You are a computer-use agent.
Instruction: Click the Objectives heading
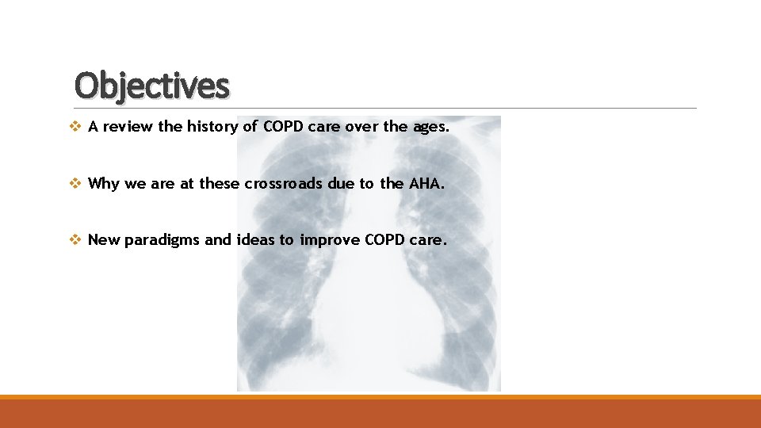151,86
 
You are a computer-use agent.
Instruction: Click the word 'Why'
103,184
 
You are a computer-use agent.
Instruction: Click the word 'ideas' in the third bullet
255,240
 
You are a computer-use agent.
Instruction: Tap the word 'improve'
330,241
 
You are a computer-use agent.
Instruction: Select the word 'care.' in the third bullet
429,240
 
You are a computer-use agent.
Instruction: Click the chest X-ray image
369,317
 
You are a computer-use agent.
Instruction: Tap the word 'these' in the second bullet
220,184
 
